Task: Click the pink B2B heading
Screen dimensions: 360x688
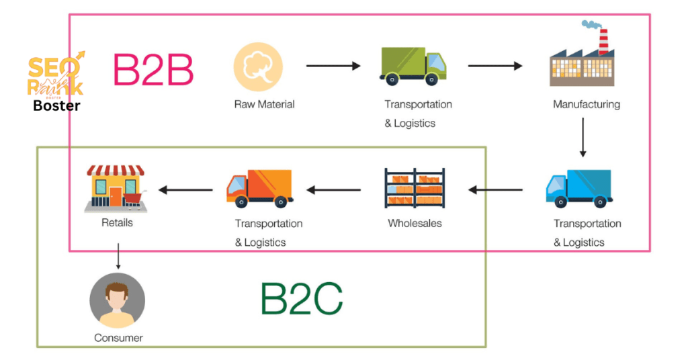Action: pyautogui.click(x=153, y=69)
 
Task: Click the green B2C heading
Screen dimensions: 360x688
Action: pyautogui.click(x=302, y=299)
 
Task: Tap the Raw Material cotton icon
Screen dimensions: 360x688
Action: pyautogui.click(x=258, y=66)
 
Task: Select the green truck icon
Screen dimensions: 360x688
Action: pyautogui.click(x=413, y=66)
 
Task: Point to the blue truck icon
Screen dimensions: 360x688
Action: pyautogui.click(x=578, y=188)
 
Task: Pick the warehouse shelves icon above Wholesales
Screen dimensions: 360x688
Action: pyautogui.click(x=414, y=189)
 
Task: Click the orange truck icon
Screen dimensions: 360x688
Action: pyautogui.click(x=259, y=188)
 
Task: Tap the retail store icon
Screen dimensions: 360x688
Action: pyautogui.click(x=116, y=189)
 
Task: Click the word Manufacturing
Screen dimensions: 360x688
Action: pyautogui.click(x=586, y=105)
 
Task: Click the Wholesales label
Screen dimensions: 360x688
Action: pyautogui.click(x=415, y=223)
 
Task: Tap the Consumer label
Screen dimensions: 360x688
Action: pyautogui.click(x=118, y=338)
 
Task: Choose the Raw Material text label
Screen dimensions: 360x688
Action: pyautogui.click(x=264, y=105)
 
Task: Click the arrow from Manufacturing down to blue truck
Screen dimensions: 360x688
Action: pyautogui.click(x=583, y=137)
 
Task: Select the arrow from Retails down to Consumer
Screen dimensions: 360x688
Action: pyautogui.click(x=118, y=255)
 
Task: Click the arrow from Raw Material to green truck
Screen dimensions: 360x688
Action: pyautogui.click(x=333, y=66)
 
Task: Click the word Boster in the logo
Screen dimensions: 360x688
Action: pyautogui.click(x=56, y=105)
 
